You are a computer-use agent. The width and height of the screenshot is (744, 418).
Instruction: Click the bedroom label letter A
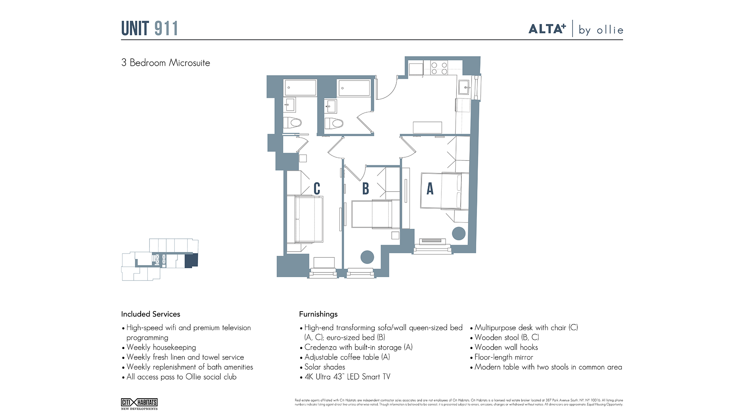click(430, 189)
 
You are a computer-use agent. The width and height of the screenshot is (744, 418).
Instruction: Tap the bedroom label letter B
click(365, 189)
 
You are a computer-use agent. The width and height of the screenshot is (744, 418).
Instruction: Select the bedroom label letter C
click(317, 189)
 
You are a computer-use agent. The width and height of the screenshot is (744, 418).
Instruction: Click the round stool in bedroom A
click(459, 233)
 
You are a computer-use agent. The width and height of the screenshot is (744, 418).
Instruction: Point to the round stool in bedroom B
click(367, 257)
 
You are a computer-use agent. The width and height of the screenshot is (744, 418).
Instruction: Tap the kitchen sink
click(464, 87)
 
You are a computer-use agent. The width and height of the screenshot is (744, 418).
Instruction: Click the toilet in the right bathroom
click(334, 123)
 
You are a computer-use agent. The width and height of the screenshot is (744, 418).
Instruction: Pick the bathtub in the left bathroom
click(300, 88)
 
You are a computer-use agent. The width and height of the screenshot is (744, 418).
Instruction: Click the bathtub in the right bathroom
click(354, 88)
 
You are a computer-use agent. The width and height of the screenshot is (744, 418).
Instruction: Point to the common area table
click(427, 127)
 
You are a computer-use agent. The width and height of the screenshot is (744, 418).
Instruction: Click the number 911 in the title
click(166, 29)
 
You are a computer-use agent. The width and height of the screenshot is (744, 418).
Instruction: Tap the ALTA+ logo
click(547, 29)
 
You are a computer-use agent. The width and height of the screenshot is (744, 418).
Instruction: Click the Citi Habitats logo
click(139, 404)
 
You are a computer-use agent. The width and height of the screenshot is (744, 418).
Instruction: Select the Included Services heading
click(151, 314)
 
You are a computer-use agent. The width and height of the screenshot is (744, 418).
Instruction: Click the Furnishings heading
click(318, 314)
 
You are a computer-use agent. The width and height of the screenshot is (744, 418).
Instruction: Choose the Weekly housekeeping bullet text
click(161, 348)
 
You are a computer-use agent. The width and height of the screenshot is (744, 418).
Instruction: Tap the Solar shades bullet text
click(325, 367)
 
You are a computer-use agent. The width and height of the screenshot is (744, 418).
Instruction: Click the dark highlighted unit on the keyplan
click(191, 260)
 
